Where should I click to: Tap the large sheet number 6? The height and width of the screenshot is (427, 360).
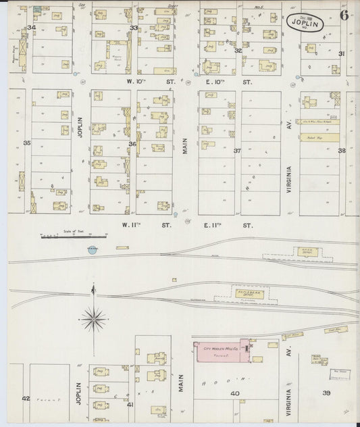click(344, 17)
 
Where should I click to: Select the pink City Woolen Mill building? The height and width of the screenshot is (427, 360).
click(221, 351)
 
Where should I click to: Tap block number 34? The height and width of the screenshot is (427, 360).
click(30, 28)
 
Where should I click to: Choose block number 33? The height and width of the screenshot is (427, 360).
click(134, 28)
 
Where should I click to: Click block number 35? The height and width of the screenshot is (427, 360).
click(27, 143)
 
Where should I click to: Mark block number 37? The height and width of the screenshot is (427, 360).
click(237, 151)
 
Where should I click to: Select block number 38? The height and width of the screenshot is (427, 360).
click(342, 151)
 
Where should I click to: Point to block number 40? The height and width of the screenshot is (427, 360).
click(234, 393)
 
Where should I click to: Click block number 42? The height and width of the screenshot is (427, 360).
click(26, 399)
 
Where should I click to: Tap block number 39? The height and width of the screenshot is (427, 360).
click(326, 393)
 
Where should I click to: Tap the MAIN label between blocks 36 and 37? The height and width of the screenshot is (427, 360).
click(184, 143)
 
